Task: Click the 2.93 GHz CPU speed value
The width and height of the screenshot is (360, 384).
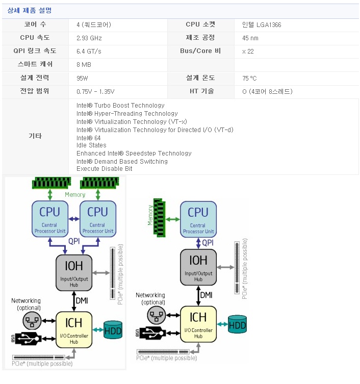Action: click(89, 38)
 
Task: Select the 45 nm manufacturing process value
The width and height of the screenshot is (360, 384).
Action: click(250, 38)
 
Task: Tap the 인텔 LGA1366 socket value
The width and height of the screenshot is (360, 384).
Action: click(262, 24)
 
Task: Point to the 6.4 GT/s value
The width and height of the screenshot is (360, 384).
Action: click(89, 51)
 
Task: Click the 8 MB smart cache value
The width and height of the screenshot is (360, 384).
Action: click(84, 65)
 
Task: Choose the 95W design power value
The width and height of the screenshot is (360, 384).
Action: click(82, 78)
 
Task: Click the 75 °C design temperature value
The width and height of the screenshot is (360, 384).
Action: click(249, 78)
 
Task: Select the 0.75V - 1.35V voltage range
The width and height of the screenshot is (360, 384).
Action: click(95, 91)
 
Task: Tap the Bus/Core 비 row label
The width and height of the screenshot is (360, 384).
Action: click(200, 51)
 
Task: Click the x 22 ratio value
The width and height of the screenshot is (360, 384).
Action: click(248, 51)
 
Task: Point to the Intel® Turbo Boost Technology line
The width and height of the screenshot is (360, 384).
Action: click(120, 106)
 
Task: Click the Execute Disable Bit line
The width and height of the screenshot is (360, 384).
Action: click(104, 169)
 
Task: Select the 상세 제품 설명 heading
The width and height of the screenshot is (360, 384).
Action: click(29, 10)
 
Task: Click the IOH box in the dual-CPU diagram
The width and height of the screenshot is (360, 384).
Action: click(73, 272)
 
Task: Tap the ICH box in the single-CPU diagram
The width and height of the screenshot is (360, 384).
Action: click(198, 323)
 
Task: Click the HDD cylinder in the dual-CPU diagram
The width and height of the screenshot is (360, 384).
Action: click(113, 330)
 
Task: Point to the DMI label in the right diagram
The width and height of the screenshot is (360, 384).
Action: click(207, 295)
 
